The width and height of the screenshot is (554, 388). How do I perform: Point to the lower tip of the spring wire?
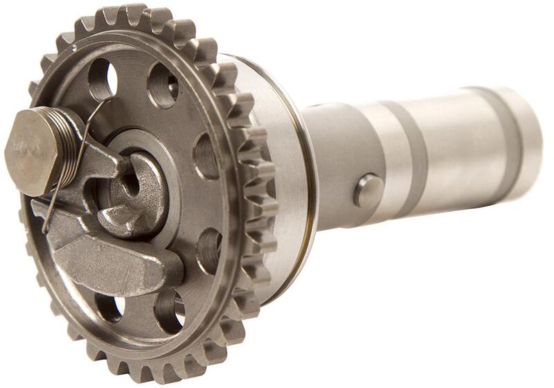tap(46, 228)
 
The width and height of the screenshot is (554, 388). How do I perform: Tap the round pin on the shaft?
tap(368, 190)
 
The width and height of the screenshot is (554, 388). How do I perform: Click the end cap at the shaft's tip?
tap(530, 128)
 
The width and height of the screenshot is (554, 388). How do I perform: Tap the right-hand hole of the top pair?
tap(163, 84)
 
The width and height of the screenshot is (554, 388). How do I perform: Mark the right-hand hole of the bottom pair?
tap(169, 311)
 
